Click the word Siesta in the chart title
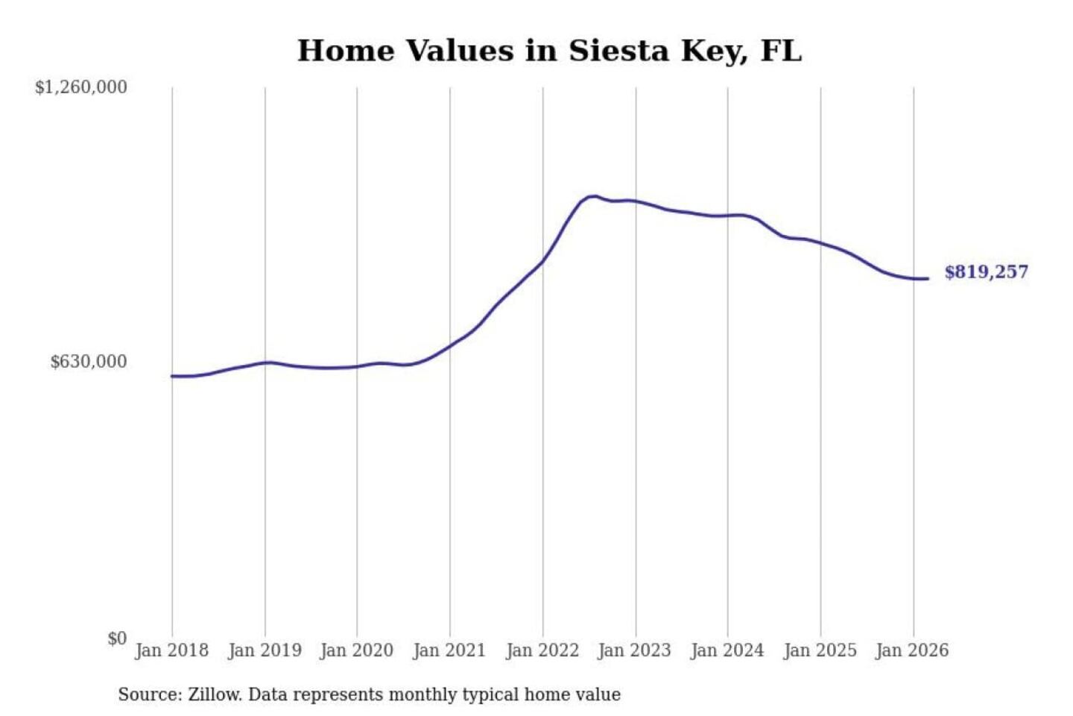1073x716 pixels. pyautogui.click(x=618, y=51)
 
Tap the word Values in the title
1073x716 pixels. pyautogui.click(x=460, y=51)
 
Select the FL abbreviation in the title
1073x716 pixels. pyautogui.click(x=780, y=51)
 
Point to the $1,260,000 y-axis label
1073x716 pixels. pyautogui.click(x=81, y=87)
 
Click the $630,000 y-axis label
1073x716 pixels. pyautogui.click(x=89, y=362)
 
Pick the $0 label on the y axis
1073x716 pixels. pyautogui.click(x=117, y=638)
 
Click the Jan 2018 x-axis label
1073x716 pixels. pyautogui.click(x=171, y=650)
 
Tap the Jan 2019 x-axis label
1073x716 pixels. pyautogui.click(x=265, y=650)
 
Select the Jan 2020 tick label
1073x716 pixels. pyautogui.click(x=357, y=650)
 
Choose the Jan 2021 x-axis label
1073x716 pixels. pyautogui.click(x=449, y=650)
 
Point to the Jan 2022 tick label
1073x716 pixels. pyautogui.click(x=542, y=650)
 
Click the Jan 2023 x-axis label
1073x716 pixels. pyautogui.click(x=635, y=650)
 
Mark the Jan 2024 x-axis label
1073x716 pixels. pyautogui.click(x=727, y=650)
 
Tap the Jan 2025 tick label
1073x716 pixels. pyautogui.click(x=820, y=650)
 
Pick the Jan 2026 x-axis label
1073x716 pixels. pyautogui.click(x=913, y=650)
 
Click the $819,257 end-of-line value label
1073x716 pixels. pyautogui.click(x=986, y=272)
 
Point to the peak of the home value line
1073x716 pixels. pyautogui.click(x=593, y=196)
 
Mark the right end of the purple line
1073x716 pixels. pyautogui.click(x=928, y=279)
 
